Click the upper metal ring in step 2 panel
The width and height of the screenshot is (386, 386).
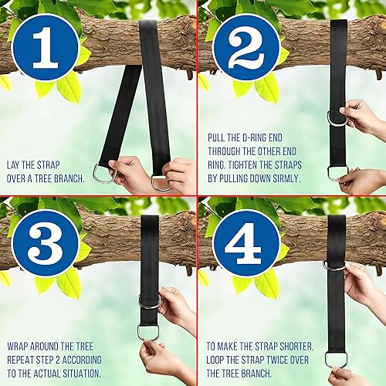[x=338, y=118]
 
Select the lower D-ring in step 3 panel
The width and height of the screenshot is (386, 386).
[x=148, y=332]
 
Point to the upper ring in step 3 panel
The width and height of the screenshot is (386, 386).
[x=148, y=300]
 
